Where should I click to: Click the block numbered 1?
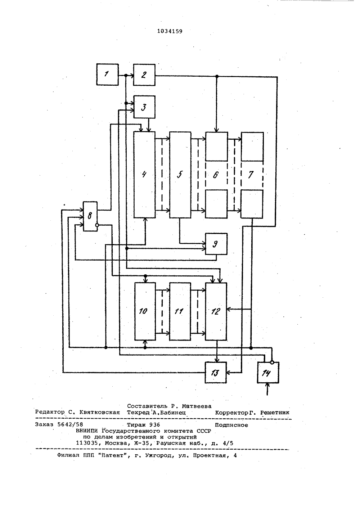[x=108, y=75]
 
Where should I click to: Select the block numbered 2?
[x=144, y=75]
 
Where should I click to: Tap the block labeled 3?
[x=144, y=107]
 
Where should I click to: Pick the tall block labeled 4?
[x=145, y=175]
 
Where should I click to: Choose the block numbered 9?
[x=216, y=244]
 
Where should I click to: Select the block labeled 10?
[x=145, y=311]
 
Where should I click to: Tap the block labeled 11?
[x=180, y=311]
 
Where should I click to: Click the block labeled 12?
[x=216, y=311]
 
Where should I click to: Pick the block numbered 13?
[x=216, y=373]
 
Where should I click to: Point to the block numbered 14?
[x=268, y=373]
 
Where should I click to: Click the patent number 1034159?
[x=170, y=31]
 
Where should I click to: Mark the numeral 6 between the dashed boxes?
[x=216, y=175]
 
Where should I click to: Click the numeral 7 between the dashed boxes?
[x=251, y=175]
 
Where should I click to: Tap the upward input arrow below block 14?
[x=267, y=389]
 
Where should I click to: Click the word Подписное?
[x=231, y=425]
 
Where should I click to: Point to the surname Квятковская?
[x=100, y=413]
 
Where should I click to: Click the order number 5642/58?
[x=70, y=424]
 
